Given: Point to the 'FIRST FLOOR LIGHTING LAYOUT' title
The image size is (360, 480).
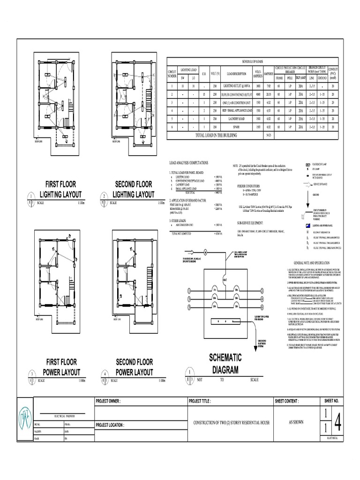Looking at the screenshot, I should (x=61, y=189).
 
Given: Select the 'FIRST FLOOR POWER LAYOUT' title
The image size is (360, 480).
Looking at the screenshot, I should (x=61, y=367).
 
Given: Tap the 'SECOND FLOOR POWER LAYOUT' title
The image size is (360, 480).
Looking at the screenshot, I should (x=135, y=367).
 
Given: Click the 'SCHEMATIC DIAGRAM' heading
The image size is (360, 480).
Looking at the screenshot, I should (x=225, y=363).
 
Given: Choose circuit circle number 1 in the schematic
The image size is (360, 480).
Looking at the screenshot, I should (x=189, y=291).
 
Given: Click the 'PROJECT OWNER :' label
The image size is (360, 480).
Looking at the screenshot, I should (x=108, y=402).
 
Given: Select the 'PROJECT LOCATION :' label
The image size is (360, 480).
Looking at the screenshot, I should (x=110, y=425).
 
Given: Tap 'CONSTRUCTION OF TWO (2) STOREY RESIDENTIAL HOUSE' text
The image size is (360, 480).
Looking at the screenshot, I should (x=232, y=422).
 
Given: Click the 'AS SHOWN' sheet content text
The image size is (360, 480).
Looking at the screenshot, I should (x=296, y=422).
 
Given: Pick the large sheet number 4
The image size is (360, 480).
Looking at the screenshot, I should (x=337, y=420).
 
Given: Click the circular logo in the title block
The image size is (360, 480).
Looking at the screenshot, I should (x=28, y=419).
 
